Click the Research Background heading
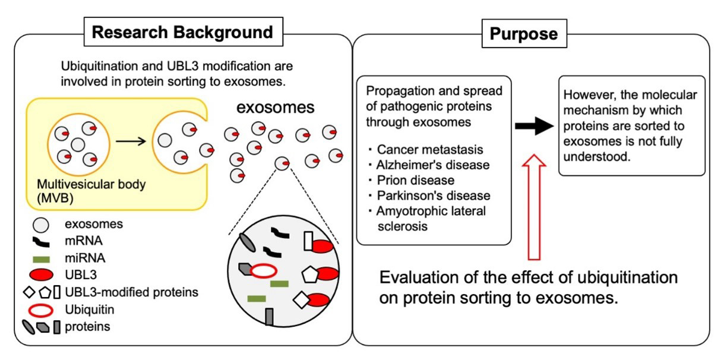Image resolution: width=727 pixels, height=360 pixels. [182, 32]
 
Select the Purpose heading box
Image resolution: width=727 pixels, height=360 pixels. [524, 33]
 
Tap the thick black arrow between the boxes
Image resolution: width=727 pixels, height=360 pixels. [534, 126]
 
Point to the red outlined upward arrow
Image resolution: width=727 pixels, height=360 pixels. [534, 207]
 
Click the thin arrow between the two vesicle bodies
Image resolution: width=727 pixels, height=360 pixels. [131, 141]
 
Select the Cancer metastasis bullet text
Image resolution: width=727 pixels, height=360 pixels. [429, 150]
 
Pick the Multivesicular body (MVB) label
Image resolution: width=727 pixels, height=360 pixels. [91, 191]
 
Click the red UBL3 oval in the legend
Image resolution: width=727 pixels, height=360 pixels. [41, 274]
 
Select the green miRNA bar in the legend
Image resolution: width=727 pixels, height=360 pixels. [41, 259]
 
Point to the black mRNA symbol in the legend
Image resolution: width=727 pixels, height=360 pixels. [41, 242]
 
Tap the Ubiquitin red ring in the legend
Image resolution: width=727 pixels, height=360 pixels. [40, 311]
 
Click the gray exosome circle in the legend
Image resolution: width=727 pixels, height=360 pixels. [40, 225]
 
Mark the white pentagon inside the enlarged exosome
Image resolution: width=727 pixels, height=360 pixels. [310, 275]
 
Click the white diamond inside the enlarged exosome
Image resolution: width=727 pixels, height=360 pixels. [302, 300]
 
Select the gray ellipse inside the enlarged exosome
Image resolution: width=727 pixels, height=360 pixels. [247, 242]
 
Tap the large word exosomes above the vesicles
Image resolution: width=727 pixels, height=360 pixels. [275, 107]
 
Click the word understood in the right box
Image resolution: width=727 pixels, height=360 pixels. [596, 157]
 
